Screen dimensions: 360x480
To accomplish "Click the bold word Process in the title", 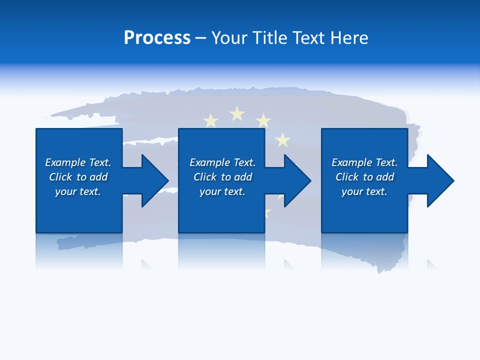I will (157, 38).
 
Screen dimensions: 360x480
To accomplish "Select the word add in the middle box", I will (243, 177).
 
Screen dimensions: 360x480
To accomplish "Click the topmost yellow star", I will (237, 114).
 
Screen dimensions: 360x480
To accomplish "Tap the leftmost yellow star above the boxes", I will (211, 120).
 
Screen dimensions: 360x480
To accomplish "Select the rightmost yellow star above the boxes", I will (283, 139).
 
